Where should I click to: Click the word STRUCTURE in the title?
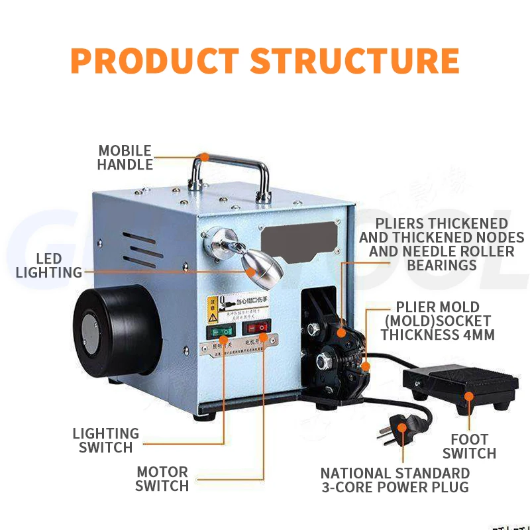click(x=355, y=60)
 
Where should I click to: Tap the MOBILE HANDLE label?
click(x=125, y=158)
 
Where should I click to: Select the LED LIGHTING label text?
click(x=49, y=265)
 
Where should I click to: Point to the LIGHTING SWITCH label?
click(x=106, y=441)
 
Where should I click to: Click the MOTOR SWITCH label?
click(x=162, y=479)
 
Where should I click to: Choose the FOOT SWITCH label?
click(x=469, y=447)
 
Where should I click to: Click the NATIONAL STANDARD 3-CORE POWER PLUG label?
click(x=395, y=480)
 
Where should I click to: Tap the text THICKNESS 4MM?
click(x=437, y=335)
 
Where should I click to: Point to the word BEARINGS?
click(x=442, y=265)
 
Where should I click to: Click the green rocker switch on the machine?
click(x=221, y=331)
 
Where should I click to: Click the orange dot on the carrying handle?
click(x=205, y=158)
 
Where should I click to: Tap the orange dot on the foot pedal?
click(x=469, y=396)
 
